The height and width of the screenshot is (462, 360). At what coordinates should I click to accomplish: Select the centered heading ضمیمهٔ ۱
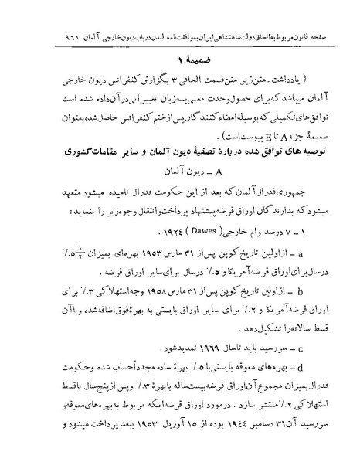pos(178,59)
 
